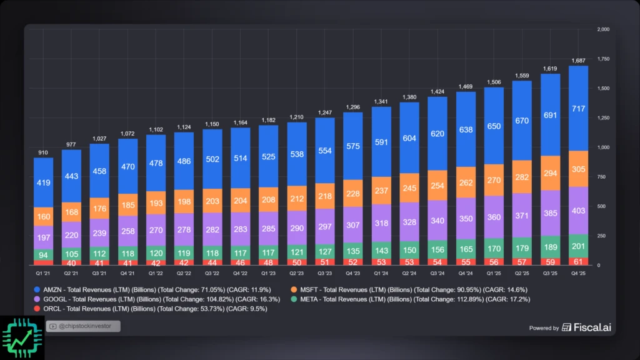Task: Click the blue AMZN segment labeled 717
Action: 578,109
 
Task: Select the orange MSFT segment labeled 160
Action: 43,217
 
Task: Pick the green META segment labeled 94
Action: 43,254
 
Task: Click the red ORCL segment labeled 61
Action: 578,261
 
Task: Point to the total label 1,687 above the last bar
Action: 578,61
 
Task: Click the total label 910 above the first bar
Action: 43,152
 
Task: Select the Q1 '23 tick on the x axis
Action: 269,272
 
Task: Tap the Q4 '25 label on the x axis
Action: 578,272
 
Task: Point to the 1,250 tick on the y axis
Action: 603,117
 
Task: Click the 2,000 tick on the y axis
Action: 603,29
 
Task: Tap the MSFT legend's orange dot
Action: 294,290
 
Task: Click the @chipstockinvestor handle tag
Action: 82,326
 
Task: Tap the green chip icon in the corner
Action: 22,337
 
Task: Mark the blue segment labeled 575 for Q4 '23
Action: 353,146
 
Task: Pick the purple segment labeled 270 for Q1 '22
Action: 156,230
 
